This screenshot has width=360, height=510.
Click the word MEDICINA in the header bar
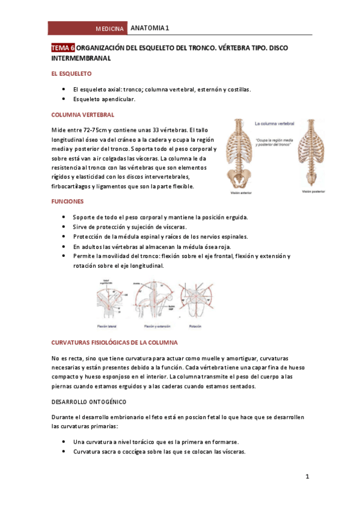pyautogui.click(x=110, y=29)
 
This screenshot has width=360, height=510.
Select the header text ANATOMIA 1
pyautogui.click(x=150, y=28)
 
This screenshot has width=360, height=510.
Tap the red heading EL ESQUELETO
pyautogui.click(x=71, y=75)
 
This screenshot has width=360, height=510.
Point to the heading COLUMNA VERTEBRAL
pyautogui.click(x=81, y=114)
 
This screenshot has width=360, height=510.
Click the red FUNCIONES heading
pyautogui.click(x=67, y=201)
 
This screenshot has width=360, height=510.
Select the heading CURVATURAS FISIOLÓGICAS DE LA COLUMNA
pyautogui.click(x=114, y=342)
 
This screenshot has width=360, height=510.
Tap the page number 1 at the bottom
pyautogui.click(x=307, y=477)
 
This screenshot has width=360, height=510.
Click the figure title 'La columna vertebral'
pyautogui.click(x=274, y=124)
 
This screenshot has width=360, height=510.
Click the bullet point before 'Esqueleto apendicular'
pyautogui.click(x=64, y=99)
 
